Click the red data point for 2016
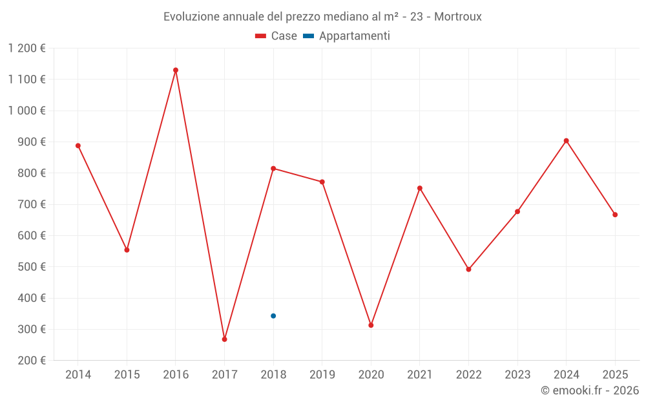coord(176,70)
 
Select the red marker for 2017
coord(224,339)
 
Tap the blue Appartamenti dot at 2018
coord(273,315)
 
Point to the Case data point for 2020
coord(371,325)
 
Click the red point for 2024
coord(566,140)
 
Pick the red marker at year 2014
coord(78,145)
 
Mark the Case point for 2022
coord(468,269)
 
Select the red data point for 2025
coord(615,215)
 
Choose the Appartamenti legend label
coord(354,36)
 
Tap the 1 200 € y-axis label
coord(27,48)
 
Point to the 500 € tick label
coord(31,266)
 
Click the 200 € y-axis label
coord(31,360)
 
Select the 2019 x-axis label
coord(322,374)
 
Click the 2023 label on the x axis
coord(517,374)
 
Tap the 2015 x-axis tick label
coord(127,374)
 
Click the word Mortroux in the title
coord(457,17)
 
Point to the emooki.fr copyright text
coord(589,390)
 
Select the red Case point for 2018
coord(273,168)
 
